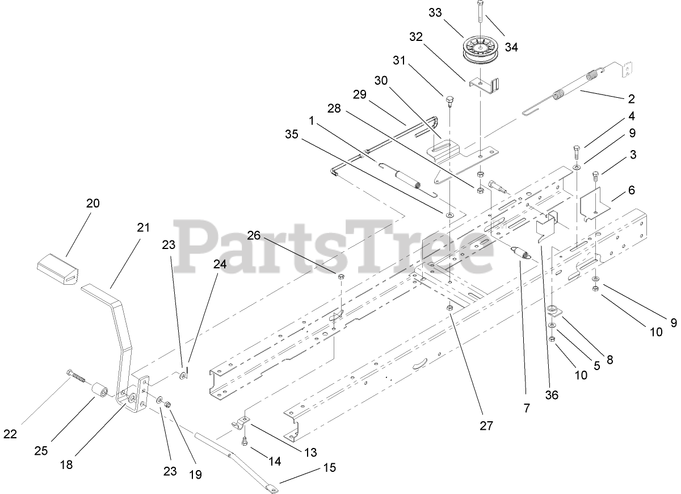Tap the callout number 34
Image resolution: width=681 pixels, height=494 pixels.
[x=511, y=47]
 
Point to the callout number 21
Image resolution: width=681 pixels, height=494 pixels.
[x=143, y=227]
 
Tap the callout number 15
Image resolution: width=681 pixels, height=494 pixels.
[x=330, y=468]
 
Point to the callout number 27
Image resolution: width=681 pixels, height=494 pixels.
[x=486, y=425]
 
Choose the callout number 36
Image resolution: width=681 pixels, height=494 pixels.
[x=550, y=395]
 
